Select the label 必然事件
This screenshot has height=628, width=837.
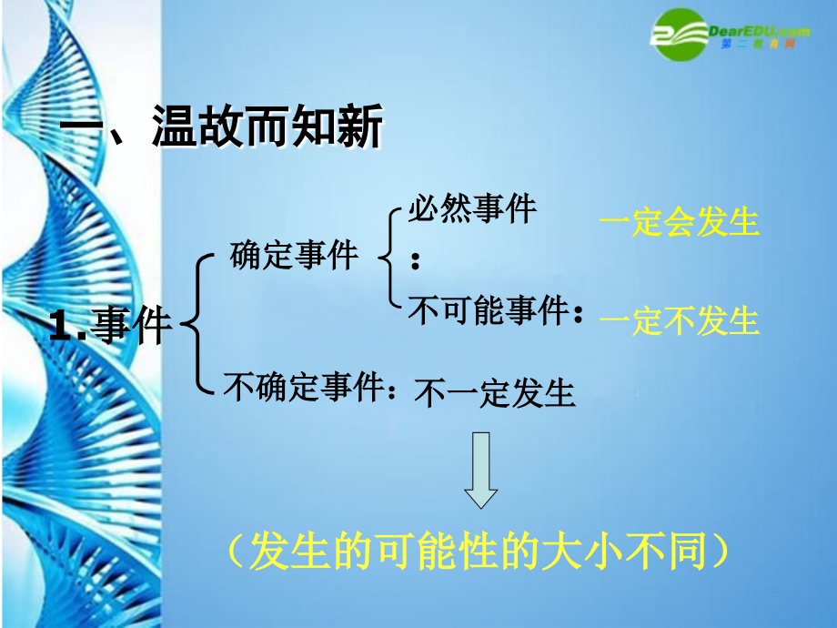471,210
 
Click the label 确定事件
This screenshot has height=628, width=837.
294,255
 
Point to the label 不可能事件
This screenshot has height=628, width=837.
488,312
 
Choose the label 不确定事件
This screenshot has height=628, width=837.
304,388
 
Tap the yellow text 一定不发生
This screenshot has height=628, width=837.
680,320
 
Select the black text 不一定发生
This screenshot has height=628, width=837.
495,393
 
